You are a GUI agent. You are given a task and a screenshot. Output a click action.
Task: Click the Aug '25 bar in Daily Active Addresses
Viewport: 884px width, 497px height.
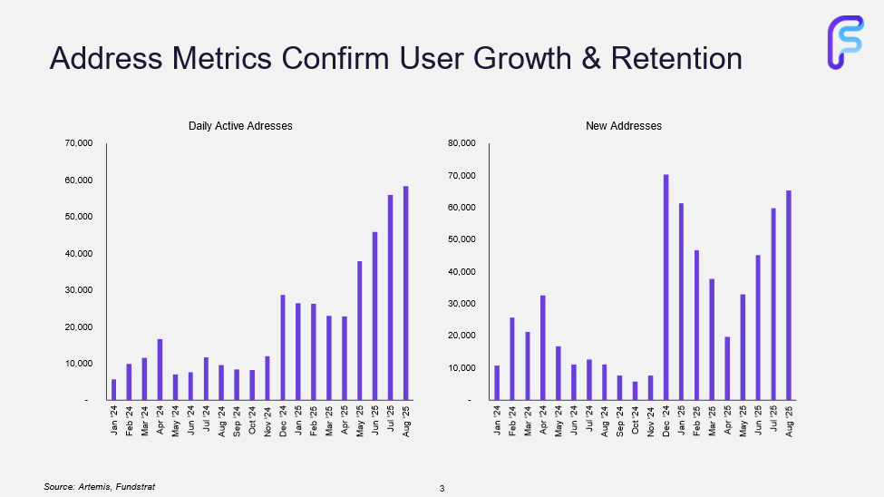(406, 293)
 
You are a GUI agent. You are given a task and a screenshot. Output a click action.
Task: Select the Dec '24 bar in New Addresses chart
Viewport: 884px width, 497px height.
(666, 287)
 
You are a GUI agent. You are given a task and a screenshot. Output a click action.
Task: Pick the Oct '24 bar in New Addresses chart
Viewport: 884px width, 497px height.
(636, 390)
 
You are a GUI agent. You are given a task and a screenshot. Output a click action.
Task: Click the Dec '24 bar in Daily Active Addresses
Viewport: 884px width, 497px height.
(283, 347)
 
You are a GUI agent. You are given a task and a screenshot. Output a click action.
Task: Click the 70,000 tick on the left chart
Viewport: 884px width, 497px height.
(76, 143)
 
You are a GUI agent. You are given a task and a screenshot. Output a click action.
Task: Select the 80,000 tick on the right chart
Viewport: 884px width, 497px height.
(461, 143)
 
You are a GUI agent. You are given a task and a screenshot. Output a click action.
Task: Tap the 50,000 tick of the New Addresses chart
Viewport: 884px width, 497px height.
(461, 239)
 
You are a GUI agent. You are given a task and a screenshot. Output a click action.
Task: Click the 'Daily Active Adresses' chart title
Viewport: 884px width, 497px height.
(240, 126)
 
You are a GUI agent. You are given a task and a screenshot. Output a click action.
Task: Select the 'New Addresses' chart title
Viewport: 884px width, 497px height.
(624, 126)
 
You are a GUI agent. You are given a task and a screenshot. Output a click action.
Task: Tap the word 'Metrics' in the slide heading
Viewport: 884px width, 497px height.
(219, 58)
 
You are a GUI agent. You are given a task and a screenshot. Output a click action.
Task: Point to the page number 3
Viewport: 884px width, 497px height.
(442, 490)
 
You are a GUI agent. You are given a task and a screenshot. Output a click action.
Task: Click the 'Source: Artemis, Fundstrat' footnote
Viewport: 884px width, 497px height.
(93, 487)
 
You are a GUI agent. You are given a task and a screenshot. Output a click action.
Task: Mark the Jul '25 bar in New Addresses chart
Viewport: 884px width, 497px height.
(774, 304)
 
